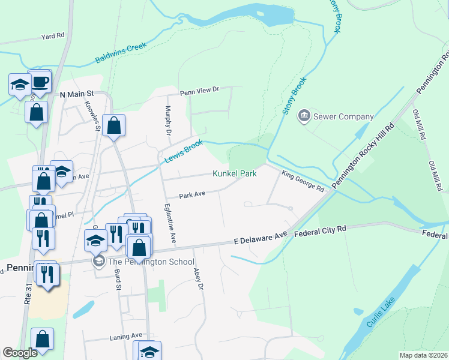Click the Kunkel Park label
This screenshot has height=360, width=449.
[235, 173]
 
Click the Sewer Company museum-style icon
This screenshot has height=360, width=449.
[304, 115]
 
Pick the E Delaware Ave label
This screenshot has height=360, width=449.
[261, 238]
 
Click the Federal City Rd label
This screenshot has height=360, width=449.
[321, 229]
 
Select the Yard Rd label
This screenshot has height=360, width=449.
[52, 36]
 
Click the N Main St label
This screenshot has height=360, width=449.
[77, 94]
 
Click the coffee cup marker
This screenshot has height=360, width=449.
[40, 82]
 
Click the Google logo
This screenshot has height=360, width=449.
[20, 353]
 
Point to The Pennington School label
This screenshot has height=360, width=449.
[150, 262]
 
